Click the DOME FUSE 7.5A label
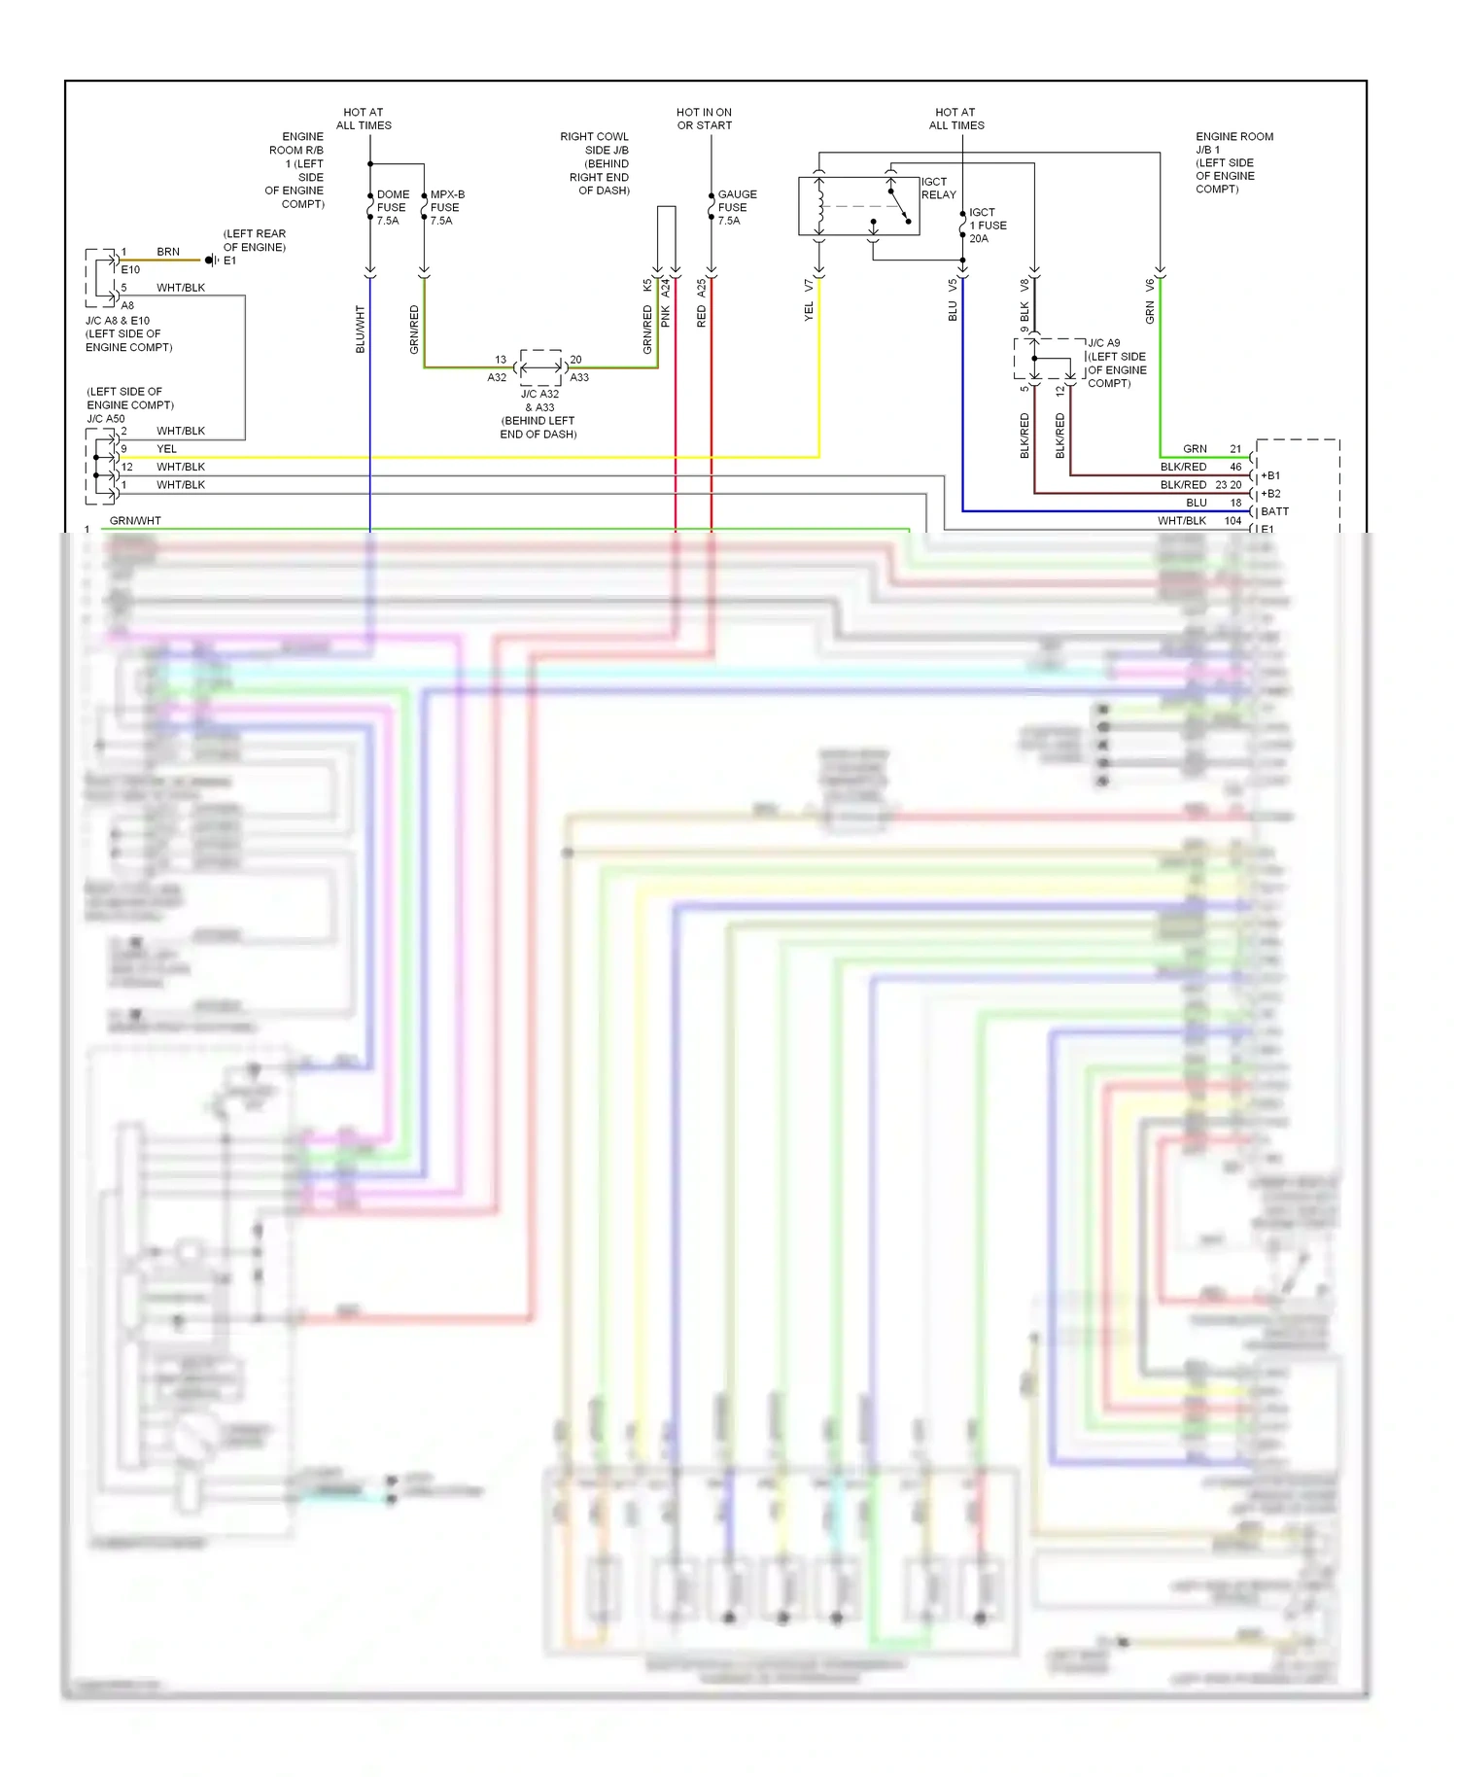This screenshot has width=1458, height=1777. point(392,207)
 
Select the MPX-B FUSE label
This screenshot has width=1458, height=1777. point(446,207)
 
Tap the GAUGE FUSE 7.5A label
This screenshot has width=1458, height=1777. point(736,207)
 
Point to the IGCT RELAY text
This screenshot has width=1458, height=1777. point(938,188)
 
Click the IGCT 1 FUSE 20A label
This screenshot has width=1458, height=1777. point(987,225)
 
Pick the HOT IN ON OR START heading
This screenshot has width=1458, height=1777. point(704,119)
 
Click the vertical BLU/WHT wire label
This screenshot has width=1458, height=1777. point(361,329)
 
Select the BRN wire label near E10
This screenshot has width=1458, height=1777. point(168,252)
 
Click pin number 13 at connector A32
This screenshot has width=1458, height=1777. point(501,360)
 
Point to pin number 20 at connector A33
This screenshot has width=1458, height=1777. point(575,360)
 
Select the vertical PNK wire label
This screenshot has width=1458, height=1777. point(666,315)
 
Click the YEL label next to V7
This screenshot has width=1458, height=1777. point(809,311)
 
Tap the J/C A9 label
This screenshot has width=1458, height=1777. point(1103,343)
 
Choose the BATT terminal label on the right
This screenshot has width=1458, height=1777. point(1274,511)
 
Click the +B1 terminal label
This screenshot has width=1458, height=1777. point(1270,475)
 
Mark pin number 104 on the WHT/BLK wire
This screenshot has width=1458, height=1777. point(1232,521)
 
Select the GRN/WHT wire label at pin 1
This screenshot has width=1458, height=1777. point(135,521)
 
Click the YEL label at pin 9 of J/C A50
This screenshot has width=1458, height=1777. point(167,449)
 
